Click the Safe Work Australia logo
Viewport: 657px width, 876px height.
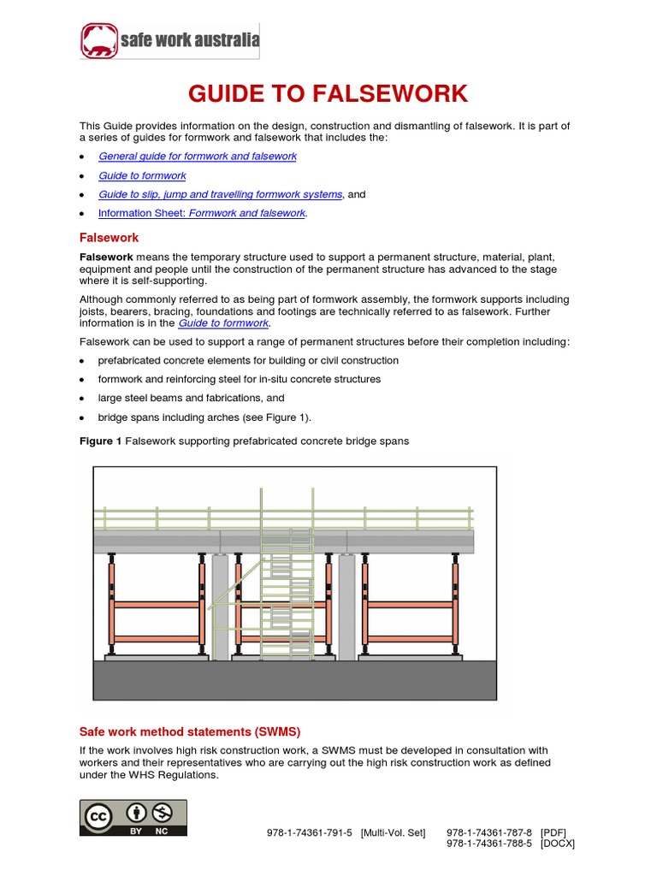click(169, 40)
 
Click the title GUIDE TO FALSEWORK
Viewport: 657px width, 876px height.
click(328, 94)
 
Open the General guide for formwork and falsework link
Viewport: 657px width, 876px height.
click(197, 157)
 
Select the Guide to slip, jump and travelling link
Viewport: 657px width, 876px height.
click(221, 194)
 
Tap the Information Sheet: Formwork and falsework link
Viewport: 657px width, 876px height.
click(202, 213)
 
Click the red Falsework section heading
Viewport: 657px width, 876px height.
click(109, 237)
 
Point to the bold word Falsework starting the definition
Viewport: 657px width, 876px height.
click(106, 257)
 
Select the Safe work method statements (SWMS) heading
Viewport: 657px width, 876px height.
click(190, 731)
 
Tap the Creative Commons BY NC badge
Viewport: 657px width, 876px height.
click(133, 818)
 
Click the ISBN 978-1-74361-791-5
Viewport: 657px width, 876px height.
click(310, 832)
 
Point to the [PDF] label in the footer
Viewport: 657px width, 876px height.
click(553, 832)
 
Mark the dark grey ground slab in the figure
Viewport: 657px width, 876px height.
click(294, 681)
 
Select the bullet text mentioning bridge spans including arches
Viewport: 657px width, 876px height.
click(204, 417)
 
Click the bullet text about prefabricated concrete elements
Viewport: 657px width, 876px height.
click(248, 360)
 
